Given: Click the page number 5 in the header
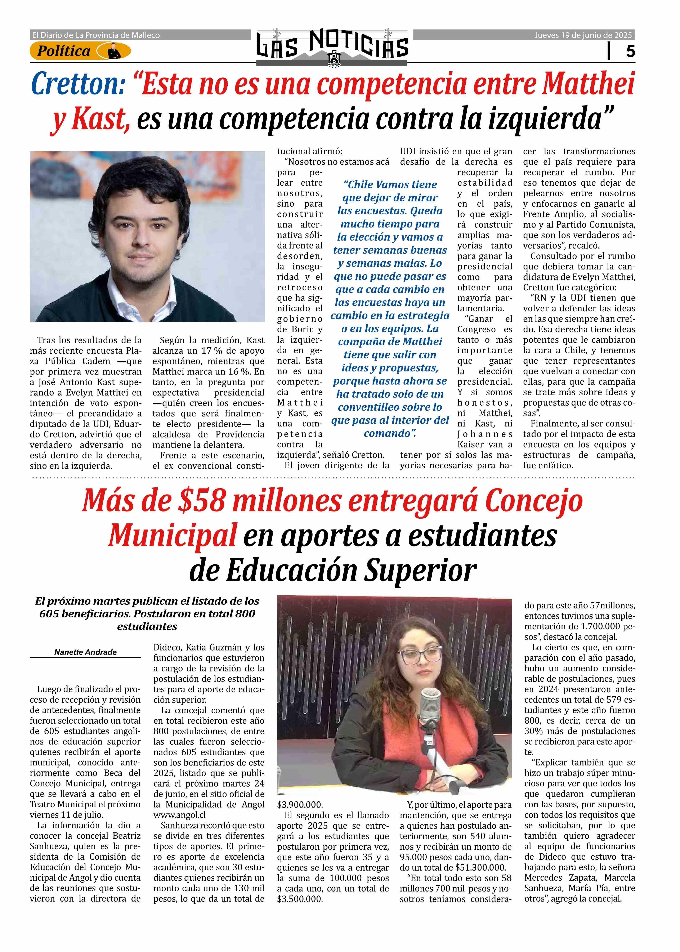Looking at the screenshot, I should click(630, 52).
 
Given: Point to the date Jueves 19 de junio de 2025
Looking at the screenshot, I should click(583, 35).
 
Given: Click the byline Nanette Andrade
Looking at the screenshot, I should click(85, 652).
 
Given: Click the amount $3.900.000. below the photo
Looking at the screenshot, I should click(300, 805).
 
